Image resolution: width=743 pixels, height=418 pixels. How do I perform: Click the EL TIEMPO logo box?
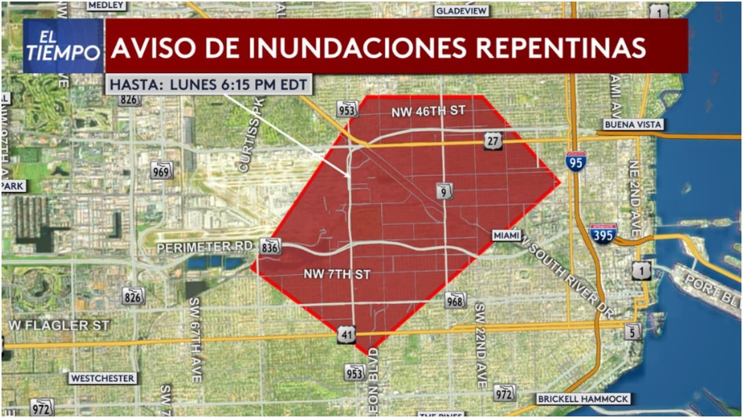(x=63, y=46)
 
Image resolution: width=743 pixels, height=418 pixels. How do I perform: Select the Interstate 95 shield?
(x=576, y=161)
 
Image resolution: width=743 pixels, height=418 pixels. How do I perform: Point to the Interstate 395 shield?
(x=603, y=234)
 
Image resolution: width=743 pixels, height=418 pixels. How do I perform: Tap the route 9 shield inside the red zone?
(x=445, y=190)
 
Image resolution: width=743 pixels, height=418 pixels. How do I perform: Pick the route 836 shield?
(x=271, y=246)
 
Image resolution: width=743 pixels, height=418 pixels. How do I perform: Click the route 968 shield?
(x=456, y=300)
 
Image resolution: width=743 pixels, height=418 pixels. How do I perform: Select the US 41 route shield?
(x=347, y=334)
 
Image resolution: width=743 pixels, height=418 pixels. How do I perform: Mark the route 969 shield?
(x=161, y=170)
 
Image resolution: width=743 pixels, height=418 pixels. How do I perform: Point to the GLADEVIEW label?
(x=461, y=10)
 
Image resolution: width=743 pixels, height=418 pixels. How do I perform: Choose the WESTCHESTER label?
(x=103, y=378)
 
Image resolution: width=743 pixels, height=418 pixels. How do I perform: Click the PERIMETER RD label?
(x=205, y=247)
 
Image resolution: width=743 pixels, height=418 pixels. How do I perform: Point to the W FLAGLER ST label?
(x=59, y=325)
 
